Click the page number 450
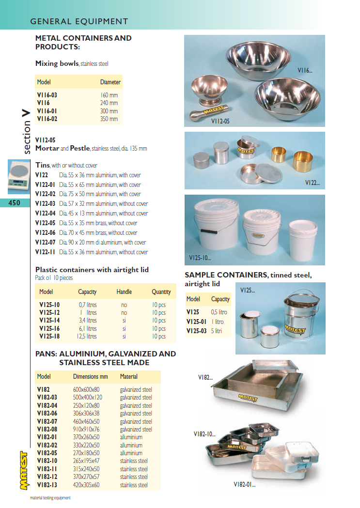click(x=15, y=203)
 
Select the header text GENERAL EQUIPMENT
click(x=79, y=21)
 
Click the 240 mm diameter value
click(x=109, y=103)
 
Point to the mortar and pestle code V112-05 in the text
click(x=46, y=139)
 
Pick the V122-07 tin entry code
click(x=46, y=242)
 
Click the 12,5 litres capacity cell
click(x=88, y=336)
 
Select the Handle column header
click(x=124, y=292)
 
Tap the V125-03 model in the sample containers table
click(x=197, y=331)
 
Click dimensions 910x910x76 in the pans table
click(x=86, y=429)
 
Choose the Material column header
click(x=129, y=376)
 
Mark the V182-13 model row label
click(x=47, y=485)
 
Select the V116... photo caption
click(x=305, y=71)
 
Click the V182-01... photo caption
click(x=244, y=484)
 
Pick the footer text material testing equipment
click(x=50, y=498)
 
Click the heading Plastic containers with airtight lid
click(x=92, y=270)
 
